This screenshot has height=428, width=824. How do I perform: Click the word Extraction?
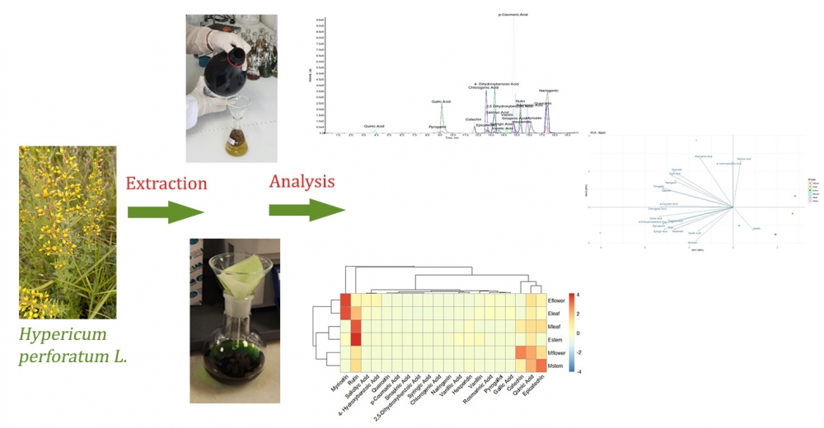tap(165, 183)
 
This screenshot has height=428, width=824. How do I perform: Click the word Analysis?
tap(302, 180)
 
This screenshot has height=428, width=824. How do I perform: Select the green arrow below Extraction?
tap(165, 212)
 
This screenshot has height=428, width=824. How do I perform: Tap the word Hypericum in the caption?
tap(63, 337)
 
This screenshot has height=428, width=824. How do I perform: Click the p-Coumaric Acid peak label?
tap(513, 14)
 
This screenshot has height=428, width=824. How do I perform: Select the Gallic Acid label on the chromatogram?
tap(441, 102)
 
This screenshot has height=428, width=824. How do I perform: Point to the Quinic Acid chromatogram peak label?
tap(375, 126)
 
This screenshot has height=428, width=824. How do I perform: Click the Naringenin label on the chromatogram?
tap(550, 90)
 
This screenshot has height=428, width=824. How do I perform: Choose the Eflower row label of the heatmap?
tap(567, 302)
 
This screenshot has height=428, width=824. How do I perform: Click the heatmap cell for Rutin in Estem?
tap(357, 333)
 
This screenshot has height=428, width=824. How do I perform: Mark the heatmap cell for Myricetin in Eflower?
tap(345, 302)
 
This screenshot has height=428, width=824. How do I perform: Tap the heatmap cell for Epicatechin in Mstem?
tap(541, 365)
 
